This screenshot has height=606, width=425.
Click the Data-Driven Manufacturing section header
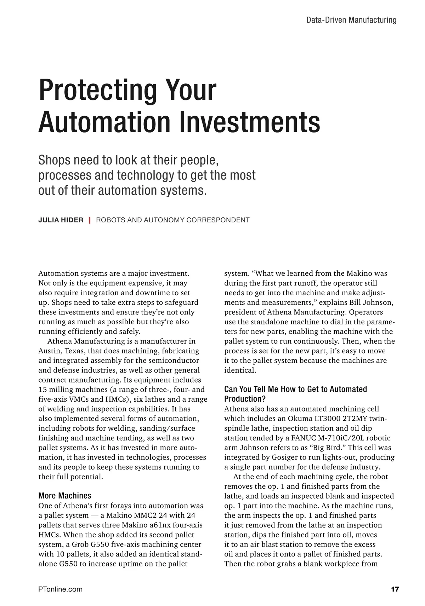coord(351,20)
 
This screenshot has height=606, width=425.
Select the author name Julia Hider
coord(61,220)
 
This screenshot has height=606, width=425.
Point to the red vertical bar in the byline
coord(90,220)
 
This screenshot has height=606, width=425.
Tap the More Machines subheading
coord(65,496)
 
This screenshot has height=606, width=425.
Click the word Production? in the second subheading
coord(245,399)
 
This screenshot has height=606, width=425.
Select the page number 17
coord(395,589)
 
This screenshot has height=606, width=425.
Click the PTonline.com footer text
coord(60,589)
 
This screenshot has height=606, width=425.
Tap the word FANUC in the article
coord(303,438)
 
